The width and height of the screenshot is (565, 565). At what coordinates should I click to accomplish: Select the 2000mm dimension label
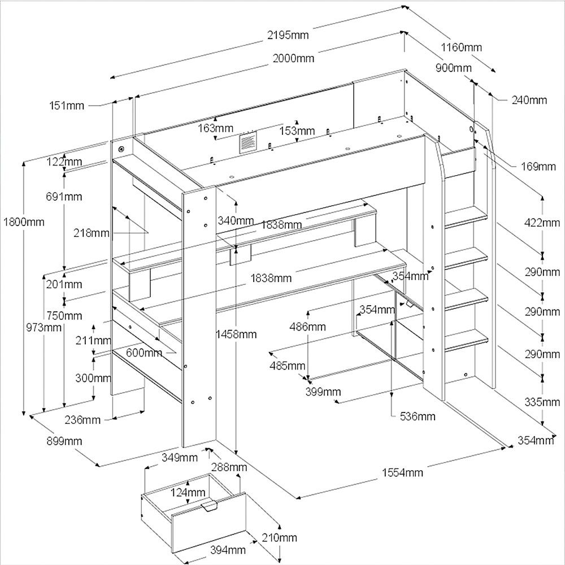293,58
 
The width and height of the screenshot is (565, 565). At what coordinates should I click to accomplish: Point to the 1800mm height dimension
24,222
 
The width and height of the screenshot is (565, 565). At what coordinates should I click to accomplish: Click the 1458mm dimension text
236,334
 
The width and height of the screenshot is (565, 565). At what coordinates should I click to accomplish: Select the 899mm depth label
64,441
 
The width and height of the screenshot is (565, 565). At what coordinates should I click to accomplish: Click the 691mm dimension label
64,197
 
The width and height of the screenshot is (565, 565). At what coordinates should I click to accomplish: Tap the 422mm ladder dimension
541,223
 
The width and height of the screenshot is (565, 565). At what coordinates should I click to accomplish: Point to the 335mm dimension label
541,402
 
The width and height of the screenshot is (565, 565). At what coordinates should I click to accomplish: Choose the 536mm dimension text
417,416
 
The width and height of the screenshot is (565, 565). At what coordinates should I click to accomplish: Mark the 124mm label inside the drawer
188,493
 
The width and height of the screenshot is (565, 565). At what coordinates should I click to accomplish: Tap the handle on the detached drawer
209,507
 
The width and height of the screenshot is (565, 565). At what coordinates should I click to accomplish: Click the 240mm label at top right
529,100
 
